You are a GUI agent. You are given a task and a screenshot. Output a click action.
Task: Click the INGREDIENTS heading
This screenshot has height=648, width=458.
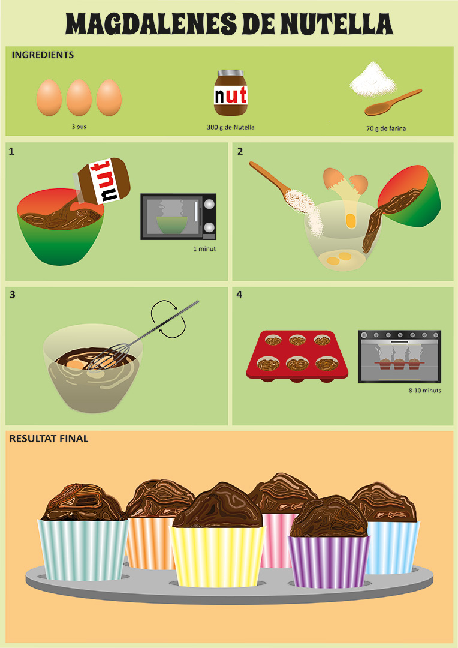(x=43, y=55)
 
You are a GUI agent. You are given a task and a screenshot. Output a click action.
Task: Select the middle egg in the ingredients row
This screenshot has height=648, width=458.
(x=79, y=98)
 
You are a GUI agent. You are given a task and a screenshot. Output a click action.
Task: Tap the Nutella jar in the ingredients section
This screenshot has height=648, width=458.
(x=231, y=93)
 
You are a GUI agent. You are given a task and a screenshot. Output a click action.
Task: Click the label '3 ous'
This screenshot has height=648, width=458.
(x=79, y=127)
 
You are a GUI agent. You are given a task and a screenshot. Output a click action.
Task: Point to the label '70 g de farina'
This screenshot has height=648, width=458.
(x=386, y=128)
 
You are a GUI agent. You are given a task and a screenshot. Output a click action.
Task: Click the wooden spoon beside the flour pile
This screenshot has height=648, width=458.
(x=392, y=103)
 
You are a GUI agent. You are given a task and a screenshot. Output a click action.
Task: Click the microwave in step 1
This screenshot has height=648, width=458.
(x=178, y=217)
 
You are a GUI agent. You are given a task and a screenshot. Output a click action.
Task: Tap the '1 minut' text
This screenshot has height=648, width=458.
(x=204, y=248)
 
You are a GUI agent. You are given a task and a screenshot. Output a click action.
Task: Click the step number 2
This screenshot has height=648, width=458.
(x=240, y=152)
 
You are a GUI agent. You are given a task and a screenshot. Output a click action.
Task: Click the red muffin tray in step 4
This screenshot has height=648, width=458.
(x=298, y=355)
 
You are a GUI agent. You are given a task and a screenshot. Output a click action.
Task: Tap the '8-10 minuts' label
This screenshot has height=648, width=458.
(x=424, y=391)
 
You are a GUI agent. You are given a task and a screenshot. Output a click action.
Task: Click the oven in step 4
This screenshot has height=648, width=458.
(x=399, y=356)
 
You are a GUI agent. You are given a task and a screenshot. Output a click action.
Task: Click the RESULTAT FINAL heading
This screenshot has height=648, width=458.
(x=49, y=439)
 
